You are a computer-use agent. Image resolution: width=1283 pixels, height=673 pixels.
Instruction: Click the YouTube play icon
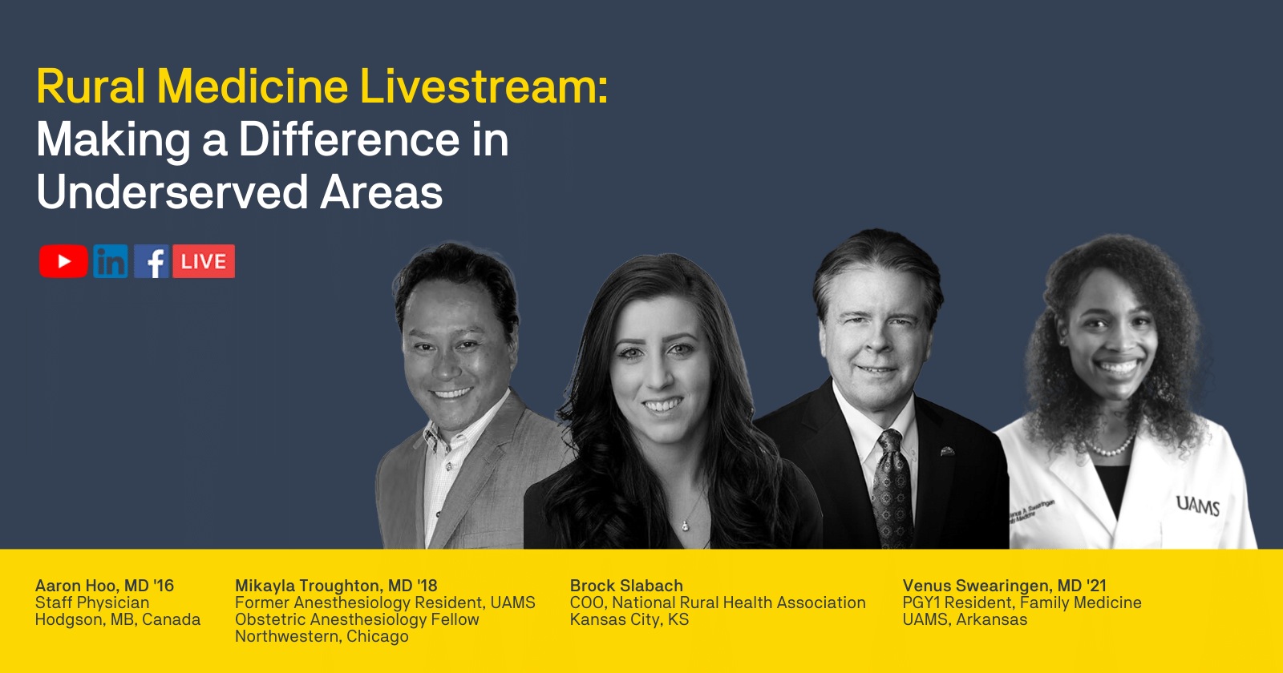tap(63, 261)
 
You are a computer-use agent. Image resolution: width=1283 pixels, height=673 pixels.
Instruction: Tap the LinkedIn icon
tap(111, 261)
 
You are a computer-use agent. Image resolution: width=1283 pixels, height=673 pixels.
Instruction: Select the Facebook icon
tap(152, 261)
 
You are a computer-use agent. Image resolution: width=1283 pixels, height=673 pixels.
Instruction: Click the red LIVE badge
tap(204, 261)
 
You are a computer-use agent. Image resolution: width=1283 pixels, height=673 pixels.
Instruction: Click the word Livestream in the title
tap(484, 87)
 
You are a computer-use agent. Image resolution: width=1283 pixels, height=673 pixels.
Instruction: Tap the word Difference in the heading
tap(349, 139)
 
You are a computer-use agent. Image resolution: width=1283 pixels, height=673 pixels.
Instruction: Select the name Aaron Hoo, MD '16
tap(104, 586)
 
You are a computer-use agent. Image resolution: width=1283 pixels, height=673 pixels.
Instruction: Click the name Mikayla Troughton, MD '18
tap(336, 586)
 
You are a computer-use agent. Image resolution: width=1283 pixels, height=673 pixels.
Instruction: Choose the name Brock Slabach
tap(626, 586)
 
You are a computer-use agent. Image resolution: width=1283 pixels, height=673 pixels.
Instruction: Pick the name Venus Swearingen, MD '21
tap(1005, 586)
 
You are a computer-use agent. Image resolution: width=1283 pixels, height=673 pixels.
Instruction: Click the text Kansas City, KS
tap(629, 619)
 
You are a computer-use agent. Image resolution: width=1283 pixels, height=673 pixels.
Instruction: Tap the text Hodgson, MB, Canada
tap(118, 619)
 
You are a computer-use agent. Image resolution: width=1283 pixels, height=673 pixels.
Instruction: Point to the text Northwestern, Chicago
tap(322, 636)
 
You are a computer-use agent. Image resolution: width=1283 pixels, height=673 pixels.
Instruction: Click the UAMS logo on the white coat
tap(1198, 506)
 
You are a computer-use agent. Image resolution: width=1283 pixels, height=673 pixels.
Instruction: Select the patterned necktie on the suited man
tap(891, 490)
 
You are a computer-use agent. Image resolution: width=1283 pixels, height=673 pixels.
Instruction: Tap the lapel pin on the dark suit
tap(947, 452)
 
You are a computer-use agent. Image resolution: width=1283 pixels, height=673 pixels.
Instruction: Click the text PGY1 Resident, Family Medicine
tap(1022, 602)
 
